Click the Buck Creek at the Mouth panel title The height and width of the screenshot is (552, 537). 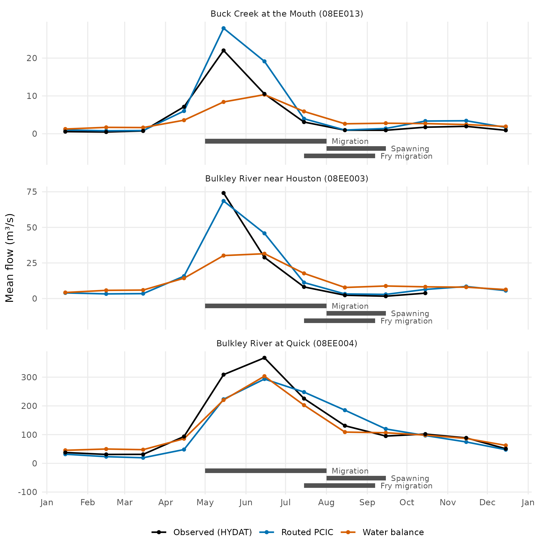point(287,14)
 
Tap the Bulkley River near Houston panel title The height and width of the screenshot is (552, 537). point(287,179)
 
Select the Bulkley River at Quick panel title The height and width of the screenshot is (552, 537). point(287,343)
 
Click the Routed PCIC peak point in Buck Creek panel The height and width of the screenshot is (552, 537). point(224,28)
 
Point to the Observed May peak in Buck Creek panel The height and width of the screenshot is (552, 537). point(224,50)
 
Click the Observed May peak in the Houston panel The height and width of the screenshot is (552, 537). point(224,193)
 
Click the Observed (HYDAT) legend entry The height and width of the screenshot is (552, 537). point(202,532)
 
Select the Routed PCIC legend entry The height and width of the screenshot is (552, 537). point(296,532)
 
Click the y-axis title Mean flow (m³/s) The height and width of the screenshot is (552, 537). point(10,258)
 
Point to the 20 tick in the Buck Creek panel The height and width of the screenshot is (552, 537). point(32,58)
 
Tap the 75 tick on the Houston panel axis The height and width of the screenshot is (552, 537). point(32,192)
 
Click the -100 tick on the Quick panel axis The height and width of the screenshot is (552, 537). point(27,492)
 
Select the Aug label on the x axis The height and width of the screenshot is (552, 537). point(327,503)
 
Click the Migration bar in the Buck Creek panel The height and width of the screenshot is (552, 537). point(266,141)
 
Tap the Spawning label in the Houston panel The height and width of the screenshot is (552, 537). point(410,314)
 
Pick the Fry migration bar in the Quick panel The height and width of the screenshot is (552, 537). point(340,486)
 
